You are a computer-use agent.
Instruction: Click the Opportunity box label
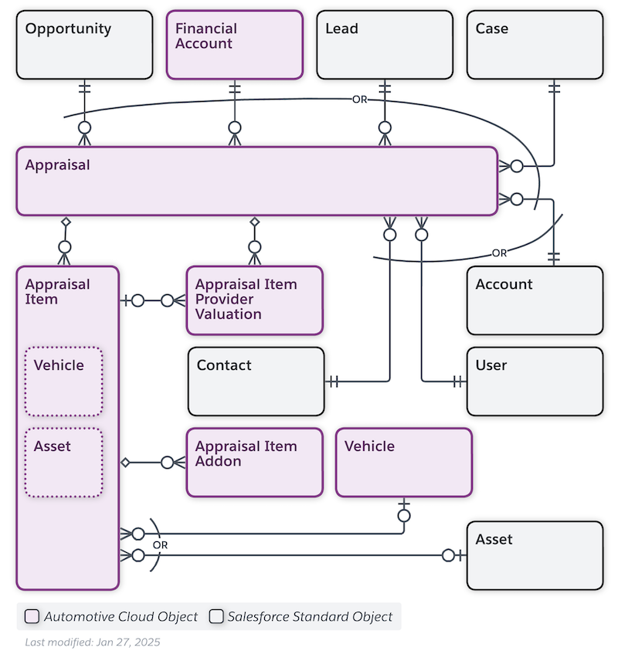tap(68, 29)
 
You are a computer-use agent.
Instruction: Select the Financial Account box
tap(234, 45)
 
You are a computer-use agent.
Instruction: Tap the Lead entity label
tap(341, 29)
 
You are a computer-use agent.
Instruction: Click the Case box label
tap(491, 29)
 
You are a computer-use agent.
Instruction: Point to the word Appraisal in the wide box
tap(57, 165)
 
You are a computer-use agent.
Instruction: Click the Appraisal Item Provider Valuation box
tap(254, 300)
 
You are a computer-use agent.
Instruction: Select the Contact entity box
tap(256, 381)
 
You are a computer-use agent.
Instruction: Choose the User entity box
tap(535, 381)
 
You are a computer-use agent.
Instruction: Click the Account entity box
tap(535, 300)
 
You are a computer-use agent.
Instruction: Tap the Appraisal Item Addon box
tap(254, 462)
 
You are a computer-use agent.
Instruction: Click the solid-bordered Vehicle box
tap(403, 462)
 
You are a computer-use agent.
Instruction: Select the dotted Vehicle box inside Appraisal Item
tap(63, 381)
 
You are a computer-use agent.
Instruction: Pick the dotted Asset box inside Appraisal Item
tap(63, 462)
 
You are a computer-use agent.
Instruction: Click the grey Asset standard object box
tap(535, 554)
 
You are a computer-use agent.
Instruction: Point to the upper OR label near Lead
tap(360, 100)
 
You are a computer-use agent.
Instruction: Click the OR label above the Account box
tap(500, 253)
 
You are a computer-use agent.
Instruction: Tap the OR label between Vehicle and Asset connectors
tap(160, 545)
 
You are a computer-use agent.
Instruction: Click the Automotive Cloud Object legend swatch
tap(32, 617)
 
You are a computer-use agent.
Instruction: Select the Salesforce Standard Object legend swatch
tap(217, 617)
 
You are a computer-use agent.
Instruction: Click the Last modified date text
tap(92, 642)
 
